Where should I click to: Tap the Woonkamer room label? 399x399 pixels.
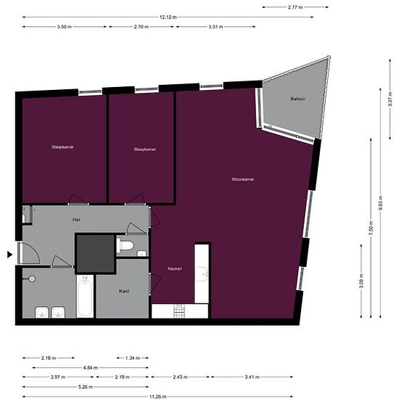[x=242, y=178]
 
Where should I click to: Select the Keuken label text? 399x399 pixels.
[x=175, y=268]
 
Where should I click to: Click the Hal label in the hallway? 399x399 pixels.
[x=75, y=218]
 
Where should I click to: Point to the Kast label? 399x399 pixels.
[x=123, y=291]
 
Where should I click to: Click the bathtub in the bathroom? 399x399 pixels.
[x=85, y=297]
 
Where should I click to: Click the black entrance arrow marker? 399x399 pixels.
[x=9, y=254]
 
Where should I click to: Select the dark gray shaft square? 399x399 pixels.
[x=96, y=252]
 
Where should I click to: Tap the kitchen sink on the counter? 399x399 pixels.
[x=202, y=274]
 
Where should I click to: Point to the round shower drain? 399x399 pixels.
[x=31, y=279]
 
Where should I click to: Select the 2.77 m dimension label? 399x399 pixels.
[x=295, y=7]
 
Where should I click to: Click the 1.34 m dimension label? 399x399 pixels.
[x=133, y=358]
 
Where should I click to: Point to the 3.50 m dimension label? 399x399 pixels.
[x=63, y=27]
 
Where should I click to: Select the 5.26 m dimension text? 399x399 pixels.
[x=86, y=387]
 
